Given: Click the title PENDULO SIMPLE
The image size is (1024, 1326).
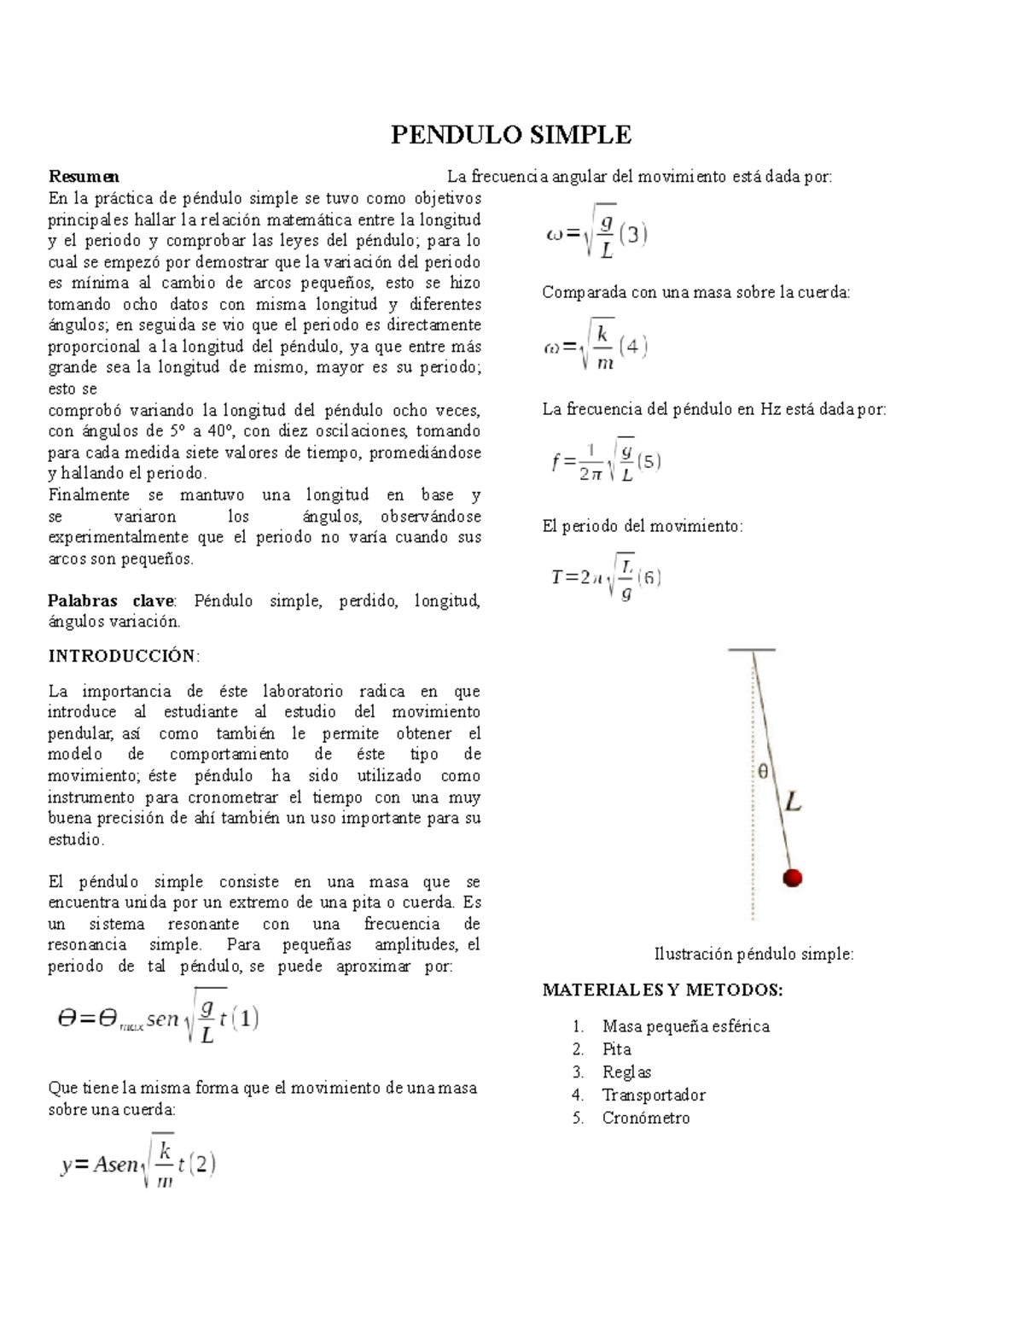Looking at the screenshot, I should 510,135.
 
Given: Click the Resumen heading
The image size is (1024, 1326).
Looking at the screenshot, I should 84,177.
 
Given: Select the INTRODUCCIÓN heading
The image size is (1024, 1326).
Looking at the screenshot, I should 124,656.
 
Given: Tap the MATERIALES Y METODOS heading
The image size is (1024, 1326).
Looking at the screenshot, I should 662,990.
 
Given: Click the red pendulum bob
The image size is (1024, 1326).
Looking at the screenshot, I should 793,878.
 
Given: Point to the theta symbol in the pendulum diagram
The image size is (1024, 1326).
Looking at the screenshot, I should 763,771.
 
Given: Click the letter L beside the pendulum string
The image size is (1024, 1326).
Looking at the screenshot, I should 793,803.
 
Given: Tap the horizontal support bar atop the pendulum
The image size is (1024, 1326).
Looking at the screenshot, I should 752,650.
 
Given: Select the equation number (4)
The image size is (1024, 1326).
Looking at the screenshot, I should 632,347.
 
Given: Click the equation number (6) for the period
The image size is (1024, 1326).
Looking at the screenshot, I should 649,577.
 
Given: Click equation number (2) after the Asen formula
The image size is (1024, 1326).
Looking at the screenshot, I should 201,1164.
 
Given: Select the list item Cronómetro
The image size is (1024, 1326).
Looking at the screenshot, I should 645,1118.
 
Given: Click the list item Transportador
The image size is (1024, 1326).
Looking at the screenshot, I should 654,1095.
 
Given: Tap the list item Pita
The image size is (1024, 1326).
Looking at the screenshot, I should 616,1049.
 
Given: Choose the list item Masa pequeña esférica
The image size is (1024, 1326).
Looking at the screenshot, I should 685,1026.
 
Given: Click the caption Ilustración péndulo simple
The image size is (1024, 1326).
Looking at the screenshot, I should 753,955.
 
